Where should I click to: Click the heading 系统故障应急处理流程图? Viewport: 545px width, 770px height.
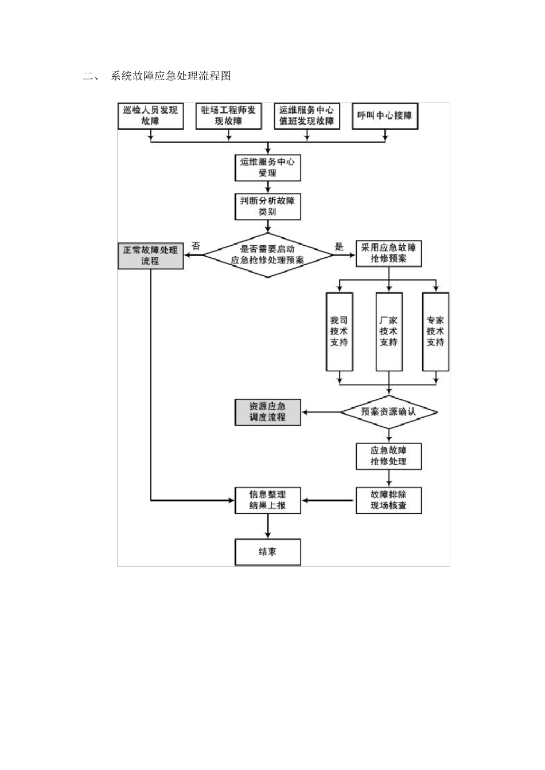pyautogui.click(x=170, y=76)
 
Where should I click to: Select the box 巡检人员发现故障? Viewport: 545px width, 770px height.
pyautogui.click(x=150, y=116)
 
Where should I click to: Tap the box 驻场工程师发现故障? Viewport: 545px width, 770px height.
pyautogui.click(x=228, y=116)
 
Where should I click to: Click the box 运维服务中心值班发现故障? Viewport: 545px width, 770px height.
pyautogui.click(x=306, y=116)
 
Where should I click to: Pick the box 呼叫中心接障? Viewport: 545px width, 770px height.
pyautogui.click(x=384, y=116)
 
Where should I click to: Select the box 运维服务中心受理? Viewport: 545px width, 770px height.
pyautogui.click(x=267, y=167)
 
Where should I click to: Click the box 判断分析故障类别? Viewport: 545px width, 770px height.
pyautogui.click(x=267, y=206)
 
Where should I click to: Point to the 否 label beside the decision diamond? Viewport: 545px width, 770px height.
pyautogui.click(x=196, y=246)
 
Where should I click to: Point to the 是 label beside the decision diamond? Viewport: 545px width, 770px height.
pyautogui.click(x=339, y=247)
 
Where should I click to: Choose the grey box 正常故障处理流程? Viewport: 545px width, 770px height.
pyautogui.click(x=150, y=256)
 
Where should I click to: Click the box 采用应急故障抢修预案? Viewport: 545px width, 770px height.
pyautogui.click(x=388, y=253)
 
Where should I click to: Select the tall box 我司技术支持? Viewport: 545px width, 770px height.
pyautogui.click(x=338, y=331)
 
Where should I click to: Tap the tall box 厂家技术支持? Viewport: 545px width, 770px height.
pyautogui.click(x=388, y=331)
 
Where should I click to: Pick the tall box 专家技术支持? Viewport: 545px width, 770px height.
pyautogui.click(x=435, y=331)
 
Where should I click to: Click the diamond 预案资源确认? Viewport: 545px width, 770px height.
pyautogui.click(x=388, y=412)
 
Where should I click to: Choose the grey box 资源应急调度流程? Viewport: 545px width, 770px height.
pyautogui.click(x=267, y=412)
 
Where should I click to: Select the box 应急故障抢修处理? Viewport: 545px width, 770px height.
pyautogui.click(x=388, y=456)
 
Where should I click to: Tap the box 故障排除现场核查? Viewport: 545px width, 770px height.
pyautogui.click(x=388, y=500)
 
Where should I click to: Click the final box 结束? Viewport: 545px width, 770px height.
pyautogui.click(x=267, y=552)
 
